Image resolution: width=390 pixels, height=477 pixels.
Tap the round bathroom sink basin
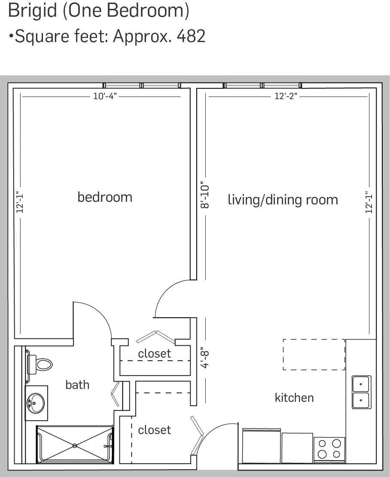pos(36,403)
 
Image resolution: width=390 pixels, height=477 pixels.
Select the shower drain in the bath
pos(75,446)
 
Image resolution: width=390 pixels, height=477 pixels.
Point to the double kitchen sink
pos(361,392)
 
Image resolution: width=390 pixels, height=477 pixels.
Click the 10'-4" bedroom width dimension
pos(105,96)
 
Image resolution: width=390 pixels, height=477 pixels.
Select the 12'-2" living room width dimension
pos(286,96)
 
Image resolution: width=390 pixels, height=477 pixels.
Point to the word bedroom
pos(105,197)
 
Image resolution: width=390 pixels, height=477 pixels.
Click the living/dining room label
pos(283,200)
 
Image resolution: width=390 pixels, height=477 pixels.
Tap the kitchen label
pos(294,398)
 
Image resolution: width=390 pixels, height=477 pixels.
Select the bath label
pos(77,385)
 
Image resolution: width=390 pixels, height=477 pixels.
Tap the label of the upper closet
pos(154,353)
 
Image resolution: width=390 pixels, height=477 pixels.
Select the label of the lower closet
pos(154,430)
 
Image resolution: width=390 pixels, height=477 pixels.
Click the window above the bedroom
pos(142,85)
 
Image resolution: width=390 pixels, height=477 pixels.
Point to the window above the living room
pos(262,85)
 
